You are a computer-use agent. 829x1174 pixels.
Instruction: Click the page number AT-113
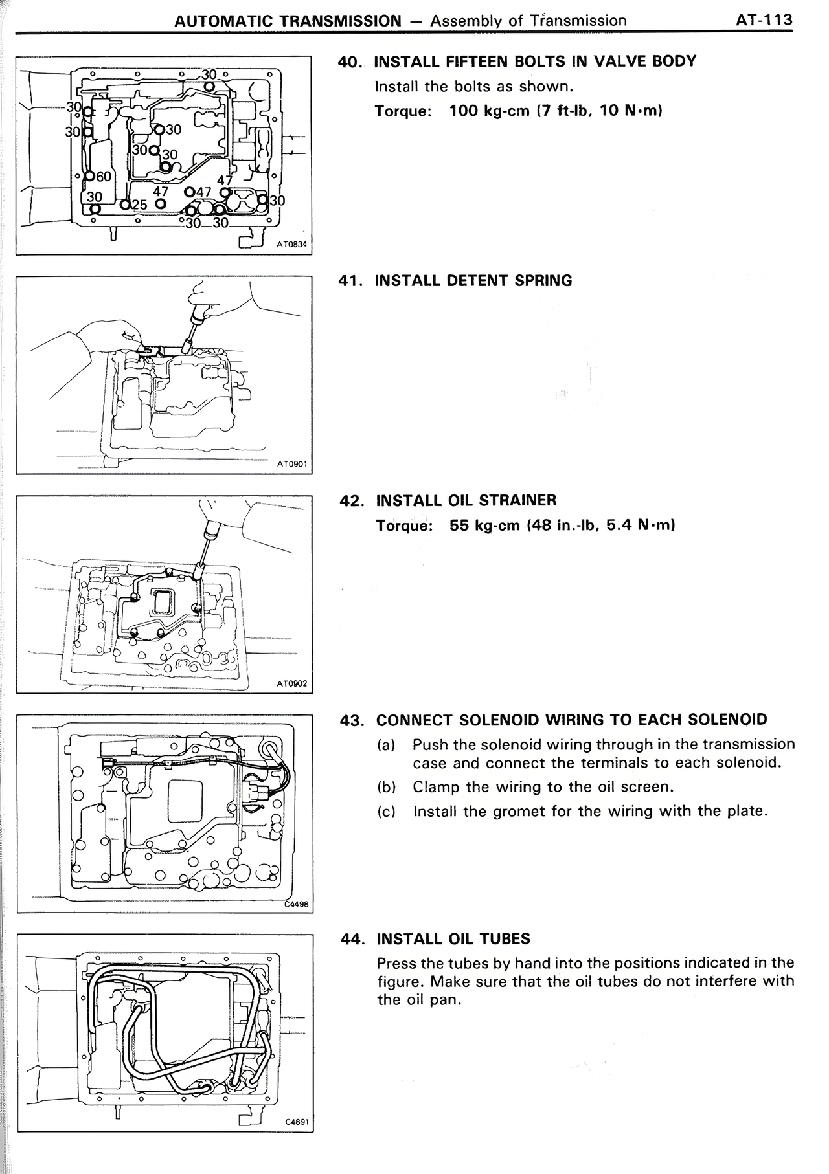[764, 20]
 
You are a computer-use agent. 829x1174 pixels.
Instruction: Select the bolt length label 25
[139, 205]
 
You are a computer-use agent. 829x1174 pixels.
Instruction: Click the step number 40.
[350, 62]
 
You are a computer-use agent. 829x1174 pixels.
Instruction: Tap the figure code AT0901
[291, 464]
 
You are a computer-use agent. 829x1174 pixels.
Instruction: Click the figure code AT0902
[291, 683]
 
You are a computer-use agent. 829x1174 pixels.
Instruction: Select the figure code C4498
[297, 905]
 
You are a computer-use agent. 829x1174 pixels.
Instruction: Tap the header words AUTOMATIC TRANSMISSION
[288, 21]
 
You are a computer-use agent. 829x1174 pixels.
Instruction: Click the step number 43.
[352, 720]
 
